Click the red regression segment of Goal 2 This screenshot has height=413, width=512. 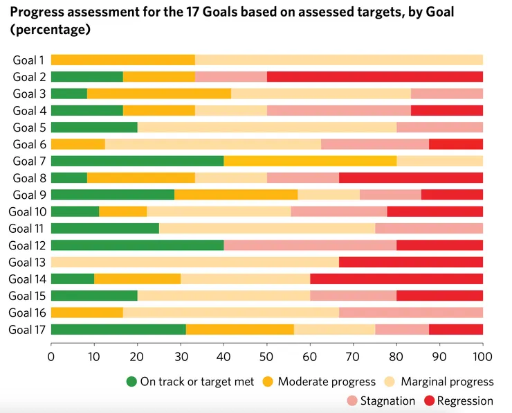[x=374, y=77]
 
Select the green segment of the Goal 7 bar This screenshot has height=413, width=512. [x=137, y=161]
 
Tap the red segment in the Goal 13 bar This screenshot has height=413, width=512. [x=411, y=262]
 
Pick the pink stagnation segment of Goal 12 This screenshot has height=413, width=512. [x=309, y=245]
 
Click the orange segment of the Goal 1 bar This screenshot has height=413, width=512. [x=122, y=60]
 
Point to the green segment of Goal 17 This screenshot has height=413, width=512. [x=118, y=329]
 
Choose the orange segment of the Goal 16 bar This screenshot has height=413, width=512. [x=86, y=313]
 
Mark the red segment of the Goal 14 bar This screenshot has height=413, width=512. [x=396, y=279]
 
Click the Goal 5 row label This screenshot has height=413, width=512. [x=29, y=128]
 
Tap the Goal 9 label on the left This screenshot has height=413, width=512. [x=29, y=195]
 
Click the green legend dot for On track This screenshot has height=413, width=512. [x=132, y=382]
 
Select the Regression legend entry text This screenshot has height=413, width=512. [x=466, y=401]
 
